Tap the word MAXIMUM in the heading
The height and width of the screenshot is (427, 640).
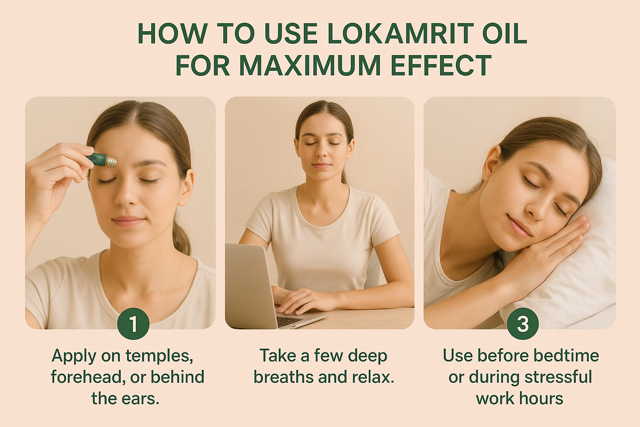310,65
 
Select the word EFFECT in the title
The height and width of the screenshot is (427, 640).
441,65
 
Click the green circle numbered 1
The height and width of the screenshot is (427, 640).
133,324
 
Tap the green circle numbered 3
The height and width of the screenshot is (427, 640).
522,324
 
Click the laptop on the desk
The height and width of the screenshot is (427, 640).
254,288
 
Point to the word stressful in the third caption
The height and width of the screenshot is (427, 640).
558,377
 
